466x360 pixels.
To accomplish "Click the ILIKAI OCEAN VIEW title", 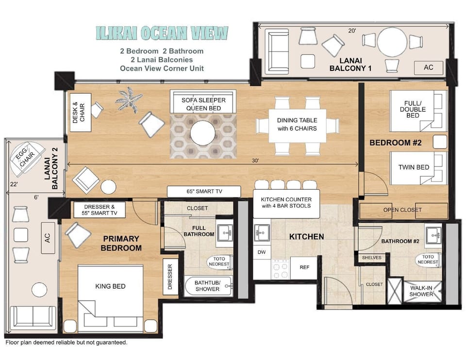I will pyautogui.click(x=162, y=33).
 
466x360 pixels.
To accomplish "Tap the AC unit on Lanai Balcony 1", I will pyautogui.click(x=428, y=67).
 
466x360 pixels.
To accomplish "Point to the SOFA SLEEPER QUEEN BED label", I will pyautogui.click(x=203, y=104).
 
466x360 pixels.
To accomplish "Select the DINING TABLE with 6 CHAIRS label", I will pyautogui.click(x=297, y=124).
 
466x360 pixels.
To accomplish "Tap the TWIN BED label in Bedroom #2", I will pyautogui.click(x=414, y=167).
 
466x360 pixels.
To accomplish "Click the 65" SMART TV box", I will pyautogui.click(x=204, y=192).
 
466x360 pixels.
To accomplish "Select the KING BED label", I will pyautogui.click(x=110, y=286).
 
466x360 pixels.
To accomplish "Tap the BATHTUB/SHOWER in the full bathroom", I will pyautogui.click(x=207, y=286).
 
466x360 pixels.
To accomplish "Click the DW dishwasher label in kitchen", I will pyautogui.click(x=262, y=252).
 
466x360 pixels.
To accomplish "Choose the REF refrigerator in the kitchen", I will pyautogui.click(x=304, y=267).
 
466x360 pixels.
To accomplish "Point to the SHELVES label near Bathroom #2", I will pyautogui.click(x=371, y=258).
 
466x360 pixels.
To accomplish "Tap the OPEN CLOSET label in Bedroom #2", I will pyautogui.click(x=402, y=210).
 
